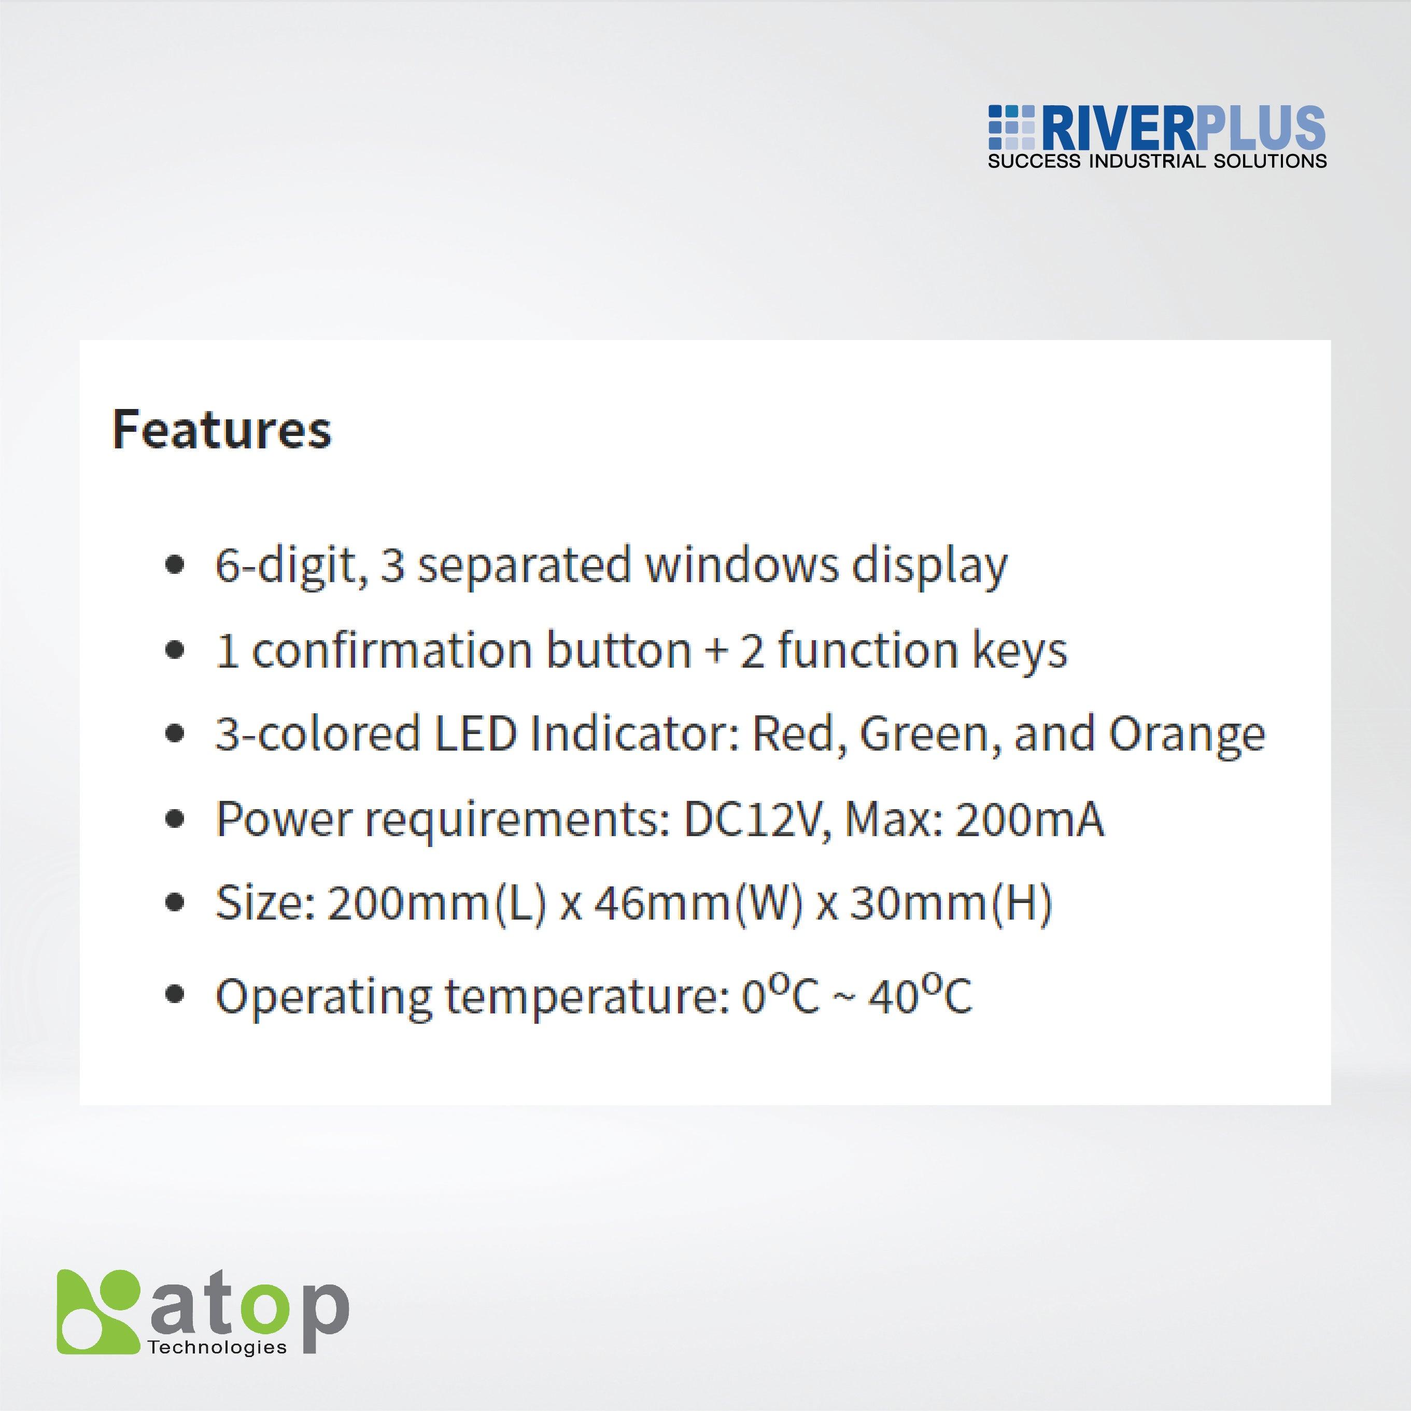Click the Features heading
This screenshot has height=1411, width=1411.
coord(222,429)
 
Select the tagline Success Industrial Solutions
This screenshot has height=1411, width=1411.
coord(1158,161)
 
